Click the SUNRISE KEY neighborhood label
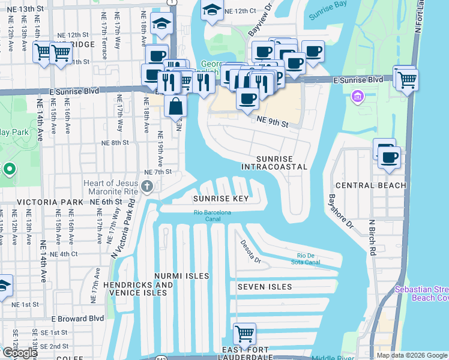[x=220, y=199]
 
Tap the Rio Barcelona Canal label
[x=212, y=212]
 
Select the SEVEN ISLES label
[x=265, y=287]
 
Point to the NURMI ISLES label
[x=181, y=276]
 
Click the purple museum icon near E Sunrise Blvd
[x=358, y=97]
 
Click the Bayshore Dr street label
[x=339, y=211]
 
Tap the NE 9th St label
[x=273, y=122]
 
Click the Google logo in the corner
[x=19, y=353]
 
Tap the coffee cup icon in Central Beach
[x=389, y=157]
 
